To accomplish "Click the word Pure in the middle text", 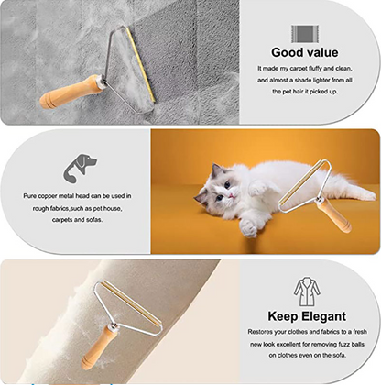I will click(x=32, y=196).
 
